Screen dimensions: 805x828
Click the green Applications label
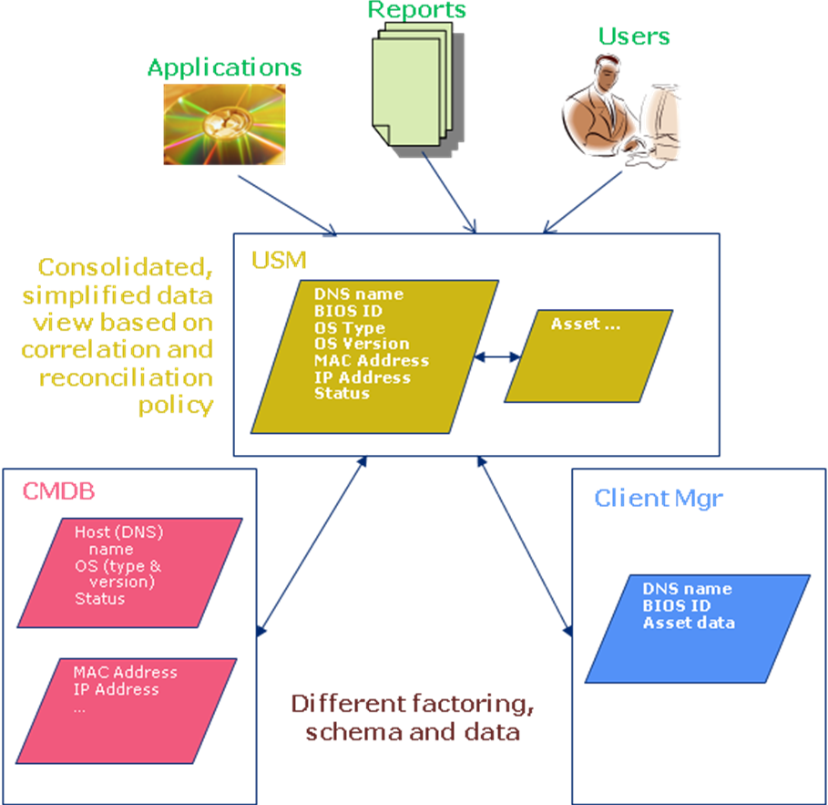224,67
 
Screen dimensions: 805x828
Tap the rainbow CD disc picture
224,124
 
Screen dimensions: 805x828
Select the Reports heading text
416,10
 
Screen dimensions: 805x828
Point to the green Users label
634,36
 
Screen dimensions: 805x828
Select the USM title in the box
279,261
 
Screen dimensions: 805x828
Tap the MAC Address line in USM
371,360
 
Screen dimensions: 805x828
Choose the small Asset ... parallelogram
588,356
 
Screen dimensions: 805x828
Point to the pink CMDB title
58,491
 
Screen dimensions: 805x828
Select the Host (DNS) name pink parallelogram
129,573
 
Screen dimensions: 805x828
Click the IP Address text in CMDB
116,689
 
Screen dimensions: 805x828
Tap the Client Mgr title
658,498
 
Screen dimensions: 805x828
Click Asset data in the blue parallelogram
689,623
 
